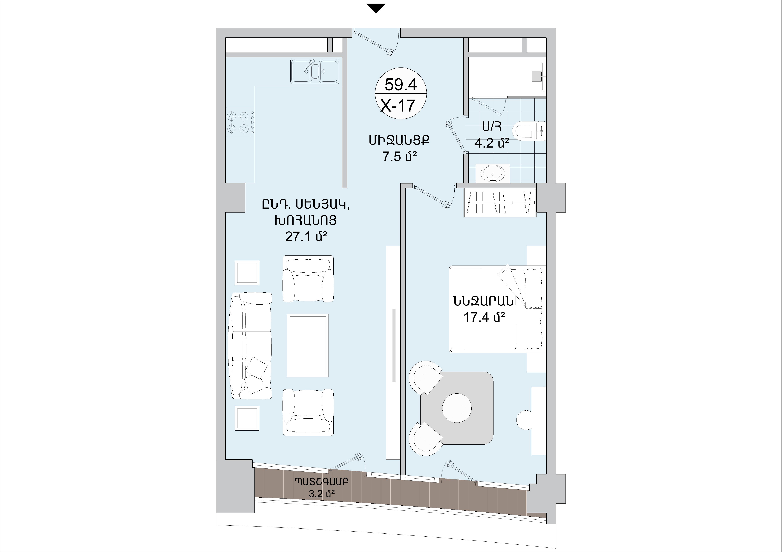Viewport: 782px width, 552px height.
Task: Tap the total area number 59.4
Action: pos(401,84)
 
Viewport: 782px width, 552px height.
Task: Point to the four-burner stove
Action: pos(240,122)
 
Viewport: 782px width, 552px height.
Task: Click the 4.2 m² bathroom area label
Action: pos(492,143)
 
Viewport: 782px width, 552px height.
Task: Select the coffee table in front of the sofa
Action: pos(308,345)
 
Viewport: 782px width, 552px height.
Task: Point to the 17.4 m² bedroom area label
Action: pos(484,317)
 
